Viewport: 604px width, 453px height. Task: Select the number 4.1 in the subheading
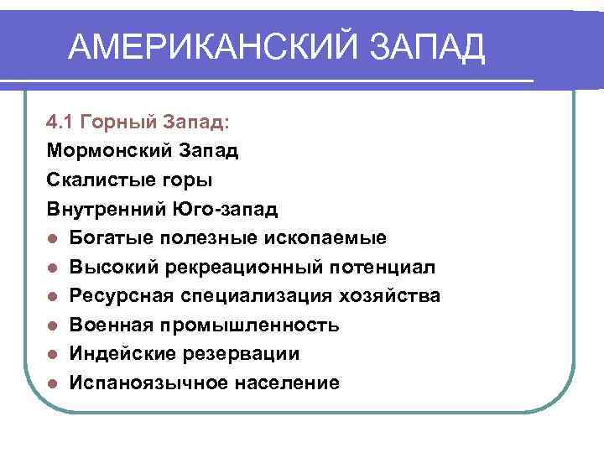pos(60,122)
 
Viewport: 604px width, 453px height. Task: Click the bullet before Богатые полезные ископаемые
pos(53,238)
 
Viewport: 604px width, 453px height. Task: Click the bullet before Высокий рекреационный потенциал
pos(53,268)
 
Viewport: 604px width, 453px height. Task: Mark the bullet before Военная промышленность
pos(53,325)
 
